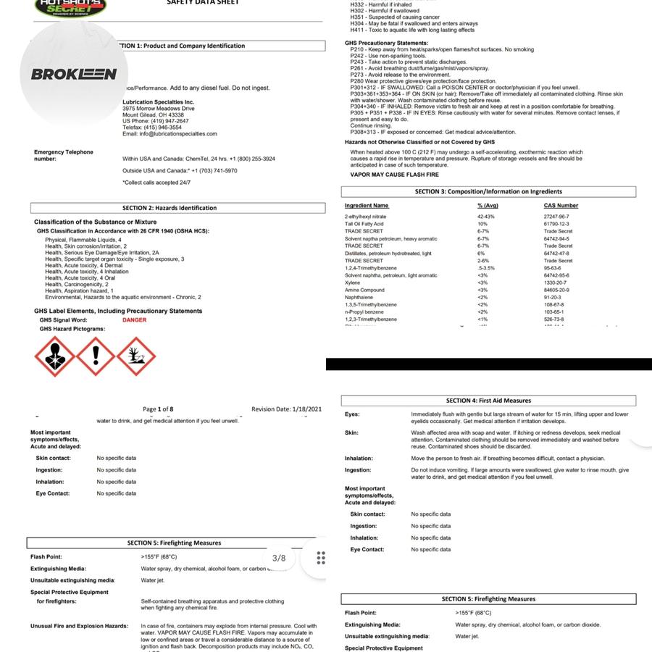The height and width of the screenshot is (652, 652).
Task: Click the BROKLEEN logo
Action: (74, 74)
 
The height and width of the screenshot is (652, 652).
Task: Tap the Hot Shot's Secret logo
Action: (70, 7)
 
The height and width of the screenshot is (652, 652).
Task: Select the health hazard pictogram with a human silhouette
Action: (54, 356)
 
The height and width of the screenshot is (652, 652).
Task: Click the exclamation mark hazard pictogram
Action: (95, 356)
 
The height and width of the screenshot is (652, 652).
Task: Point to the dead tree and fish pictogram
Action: (136, 356)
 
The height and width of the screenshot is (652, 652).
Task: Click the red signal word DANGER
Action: (134, 320)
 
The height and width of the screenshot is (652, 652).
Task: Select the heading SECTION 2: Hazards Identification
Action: (170, 208)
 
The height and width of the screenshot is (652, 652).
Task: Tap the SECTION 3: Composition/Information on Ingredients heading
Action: (488, 192)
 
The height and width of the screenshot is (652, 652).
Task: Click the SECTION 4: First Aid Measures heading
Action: (488, 401)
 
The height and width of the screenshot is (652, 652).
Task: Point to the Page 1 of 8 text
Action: (158, 409)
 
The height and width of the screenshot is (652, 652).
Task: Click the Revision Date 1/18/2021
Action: (286, 409)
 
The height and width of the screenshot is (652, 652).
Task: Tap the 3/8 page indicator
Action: (279, 558)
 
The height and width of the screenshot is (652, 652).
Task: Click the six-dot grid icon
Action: (321, 558)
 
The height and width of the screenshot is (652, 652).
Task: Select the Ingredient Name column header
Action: (367, 206)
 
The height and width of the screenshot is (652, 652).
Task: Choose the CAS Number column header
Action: (561, 206)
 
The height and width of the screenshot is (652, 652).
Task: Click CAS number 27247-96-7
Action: (556, 217)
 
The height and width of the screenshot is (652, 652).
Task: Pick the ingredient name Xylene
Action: (352, 283)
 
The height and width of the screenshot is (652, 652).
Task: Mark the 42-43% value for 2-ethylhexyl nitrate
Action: (485, 217)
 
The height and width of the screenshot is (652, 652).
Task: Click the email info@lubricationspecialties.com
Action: (170, 134)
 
